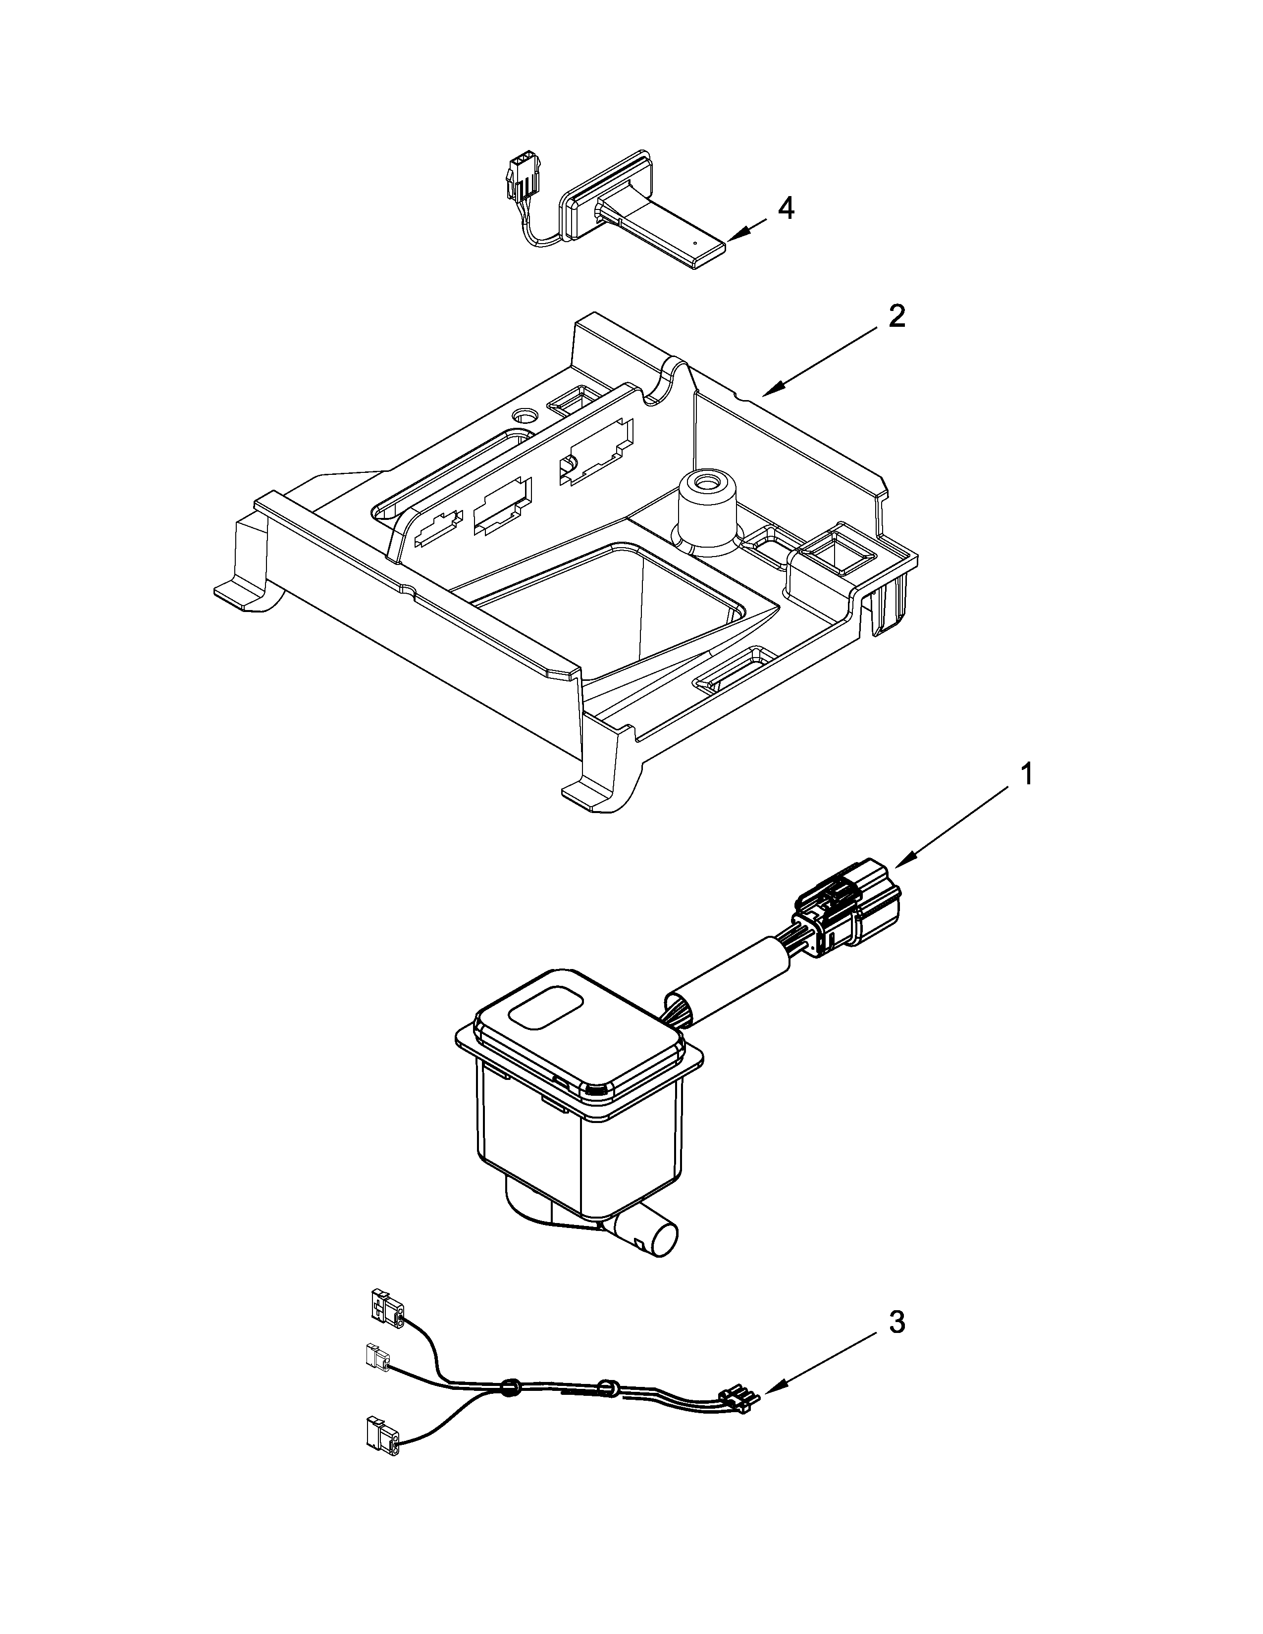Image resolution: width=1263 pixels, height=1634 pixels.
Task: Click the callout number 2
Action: pos(896,317)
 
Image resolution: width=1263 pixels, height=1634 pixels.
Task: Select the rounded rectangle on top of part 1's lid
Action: pos(545,1009)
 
